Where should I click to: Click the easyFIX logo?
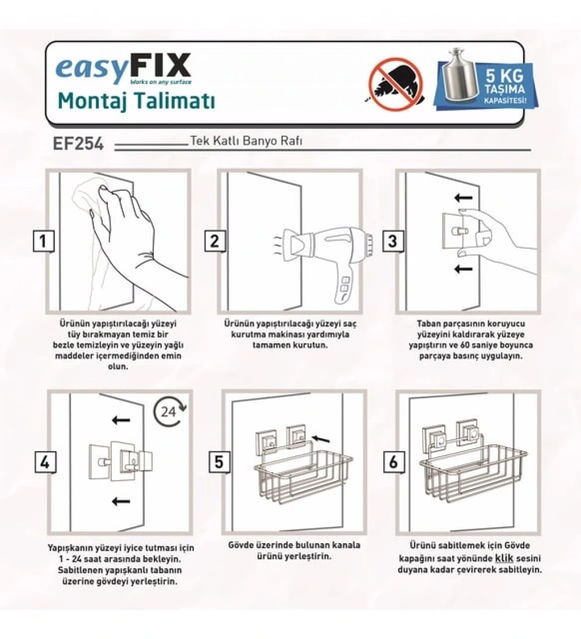point(124,69)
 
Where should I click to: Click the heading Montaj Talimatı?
point(136,100)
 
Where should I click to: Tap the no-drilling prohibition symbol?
point(395,85)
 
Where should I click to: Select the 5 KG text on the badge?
point(504,76)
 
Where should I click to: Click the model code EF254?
point(78,144)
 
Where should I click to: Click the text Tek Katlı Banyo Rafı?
point(246,141)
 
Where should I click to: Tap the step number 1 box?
point(43,241)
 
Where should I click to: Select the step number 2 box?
point(214,241)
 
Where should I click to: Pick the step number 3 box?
point(393,241)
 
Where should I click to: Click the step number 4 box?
point(44,463)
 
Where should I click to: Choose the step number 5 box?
point(219,462)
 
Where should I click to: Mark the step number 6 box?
point(393,462)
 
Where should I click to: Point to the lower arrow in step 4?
point(121,501)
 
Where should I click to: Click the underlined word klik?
point(504,558)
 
